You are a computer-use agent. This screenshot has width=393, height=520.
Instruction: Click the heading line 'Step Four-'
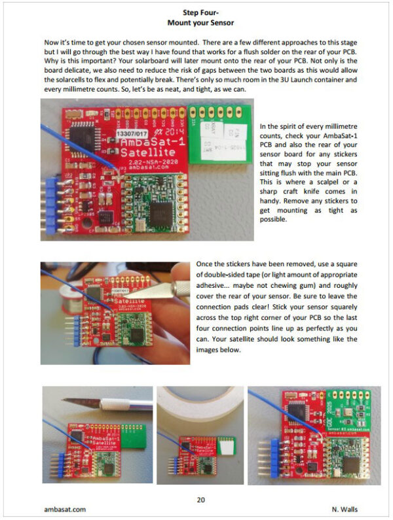click(x=196, y=11)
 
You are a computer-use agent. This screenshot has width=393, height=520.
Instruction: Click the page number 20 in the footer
click(x=201, y=500)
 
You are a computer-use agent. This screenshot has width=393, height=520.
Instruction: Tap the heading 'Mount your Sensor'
click(x=196, y=22)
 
